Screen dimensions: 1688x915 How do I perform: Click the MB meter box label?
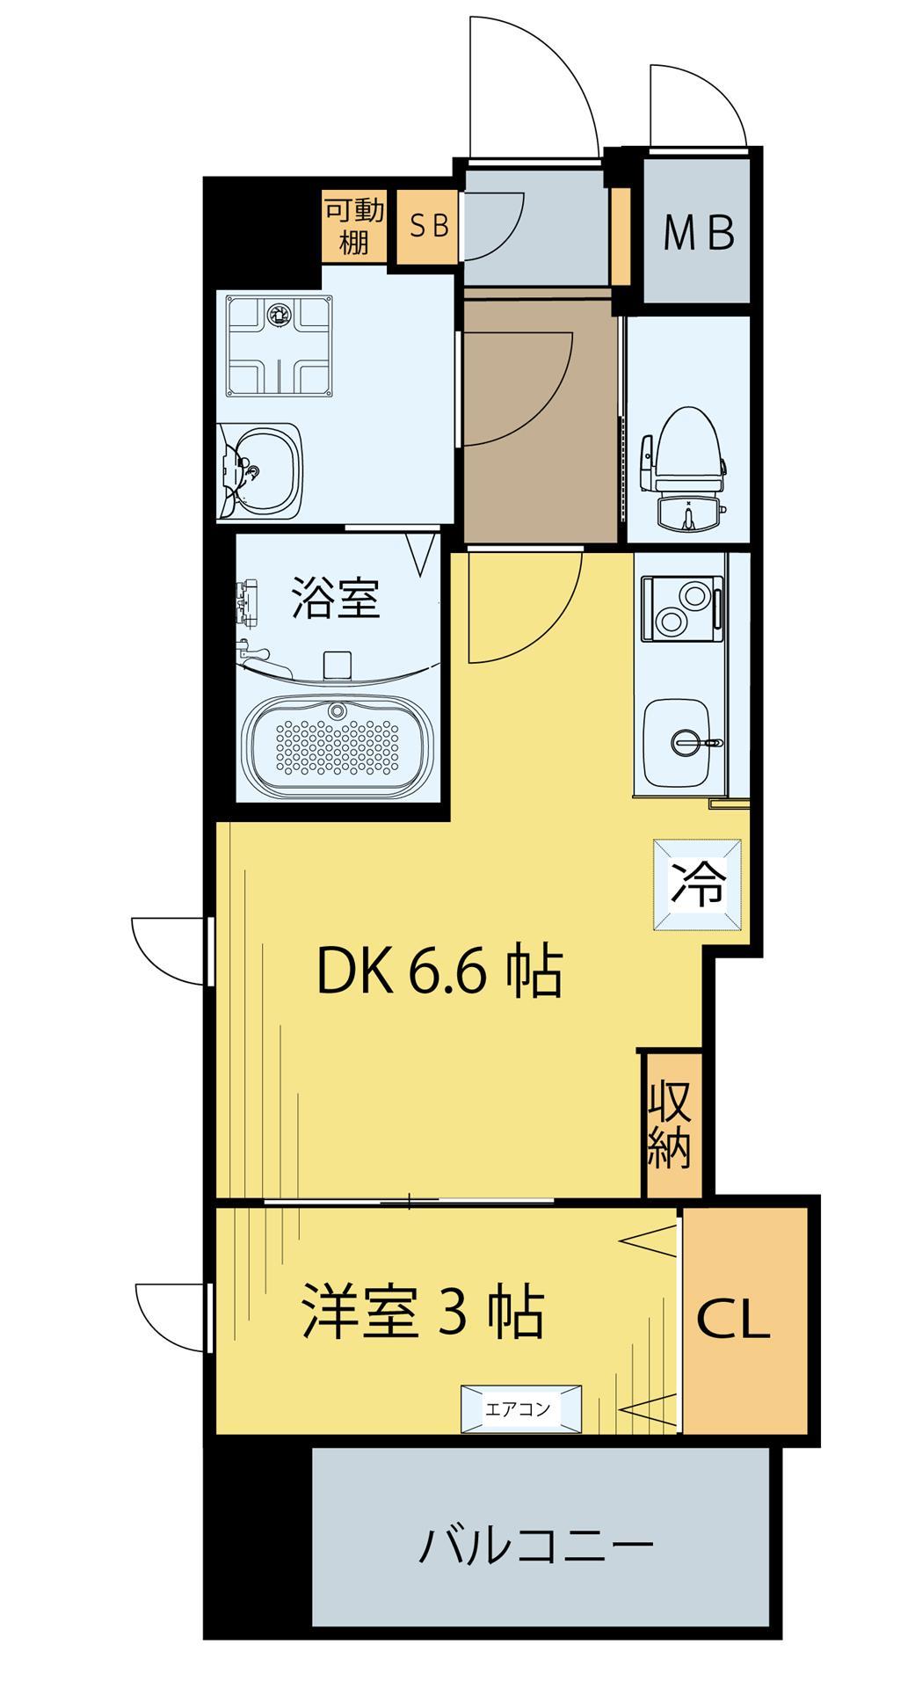pos(698,233)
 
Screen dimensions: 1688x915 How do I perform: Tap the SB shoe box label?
pos(429,227)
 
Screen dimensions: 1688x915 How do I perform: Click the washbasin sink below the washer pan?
pos(261,470)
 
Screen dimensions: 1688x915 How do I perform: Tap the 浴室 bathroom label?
pos(335,597)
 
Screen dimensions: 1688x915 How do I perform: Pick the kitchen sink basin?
pos(682,744)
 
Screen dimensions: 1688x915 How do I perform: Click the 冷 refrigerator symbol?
pos(699,884)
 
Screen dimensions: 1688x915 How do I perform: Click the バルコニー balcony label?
pos(535,1545)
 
